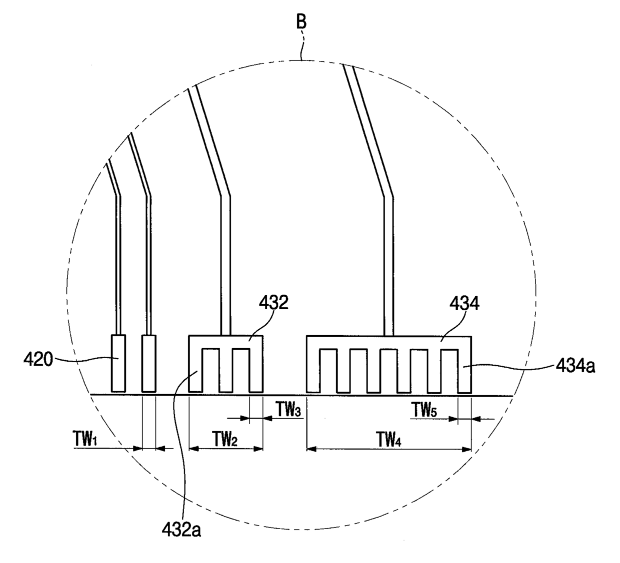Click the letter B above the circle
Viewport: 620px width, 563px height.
(x=301, y=22)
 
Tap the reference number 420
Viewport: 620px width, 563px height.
(x=38, y=360)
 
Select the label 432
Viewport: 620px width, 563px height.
(x=273, y=303)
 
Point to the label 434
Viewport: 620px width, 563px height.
(x=464, y=303)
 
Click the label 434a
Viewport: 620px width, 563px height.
(x=575, y=367)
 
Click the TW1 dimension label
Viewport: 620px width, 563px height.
(x=84, y=439)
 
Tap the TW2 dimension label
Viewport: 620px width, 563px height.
(x=224, y=439)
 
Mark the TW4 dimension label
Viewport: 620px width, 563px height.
(x=388, y=439)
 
